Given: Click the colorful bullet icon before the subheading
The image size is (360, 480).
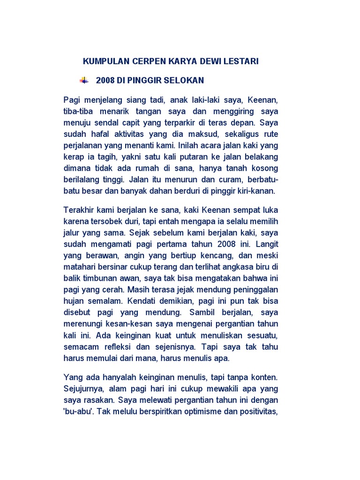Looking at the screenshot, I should coord(84,80).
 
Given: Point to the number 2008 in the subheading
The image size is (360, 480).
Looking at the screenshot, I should coord(105,80).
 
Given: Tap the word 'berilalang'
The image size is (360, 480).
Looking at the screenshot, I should coord(82,180).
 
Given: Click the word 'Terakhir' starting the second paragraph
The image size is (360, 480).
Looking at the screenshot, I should coord(78,210).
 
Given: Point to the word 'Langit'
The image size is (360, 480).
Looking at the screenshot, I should coord(267,243).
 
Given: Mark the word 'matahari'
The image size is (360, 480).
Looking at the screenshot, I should coord(79,266).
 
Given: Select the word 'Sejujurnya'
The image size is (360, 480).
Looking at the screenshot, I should coord(83,389).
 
